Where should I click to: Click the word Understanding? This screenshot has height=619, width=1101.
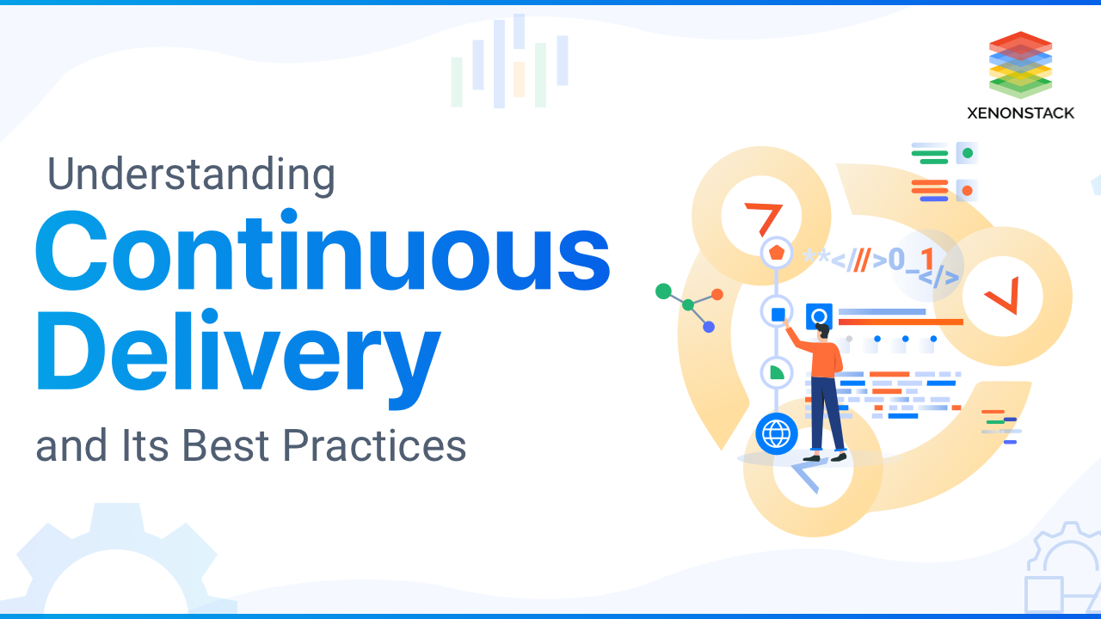tap(191, 175)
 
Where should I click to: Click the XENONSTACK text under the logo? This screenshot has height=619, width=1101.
tap(1020, 113)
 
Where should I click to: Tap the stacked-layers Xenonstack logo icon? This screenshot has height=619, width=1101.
tap(1020, 64)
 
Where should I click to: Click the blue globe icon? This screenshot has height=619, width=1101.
tap(776, 434)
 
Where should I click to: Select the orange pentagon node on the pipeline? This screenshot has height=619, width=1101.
tap(777, 253)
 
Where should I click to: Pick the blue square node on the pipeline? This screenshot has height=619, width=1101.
tap(778, 315)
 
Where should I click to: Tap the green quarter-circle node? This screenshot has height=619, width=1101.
tap(777, 372)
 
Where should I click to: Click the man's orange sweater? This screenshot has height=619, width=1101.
tap(825, 357)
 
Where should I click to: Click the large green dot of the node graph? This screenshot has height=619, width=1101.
tap(663, 291)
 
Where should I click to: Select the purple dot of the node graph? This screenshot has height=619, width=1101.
tap(709, 327)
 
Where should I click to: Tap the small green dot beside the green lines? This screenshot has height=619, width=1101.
tap(968, 154)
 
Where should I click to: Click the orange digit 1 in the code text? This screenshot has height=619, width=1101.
tap(926, 259)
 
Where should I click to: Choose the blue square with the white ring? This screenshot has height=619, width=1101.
tap(819, 316)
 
